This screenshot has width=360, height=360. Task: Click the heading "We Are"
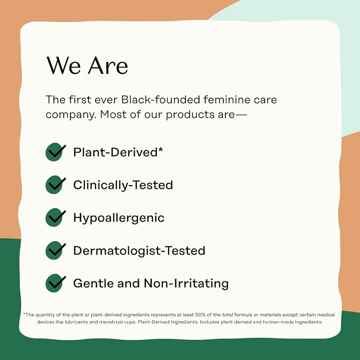point(87,65)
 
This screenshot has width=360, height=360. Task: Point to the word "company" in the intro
point(71,115)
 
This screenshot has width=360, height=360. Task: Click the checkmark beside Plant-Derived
point(55,152)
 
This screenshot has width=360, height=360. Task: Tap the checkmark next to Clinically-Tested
point(55,185)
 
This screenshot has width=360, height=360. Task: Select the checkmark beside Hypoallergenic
point(55,217)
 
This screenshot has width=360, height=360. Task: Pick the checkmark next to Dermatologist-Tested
point(55,250)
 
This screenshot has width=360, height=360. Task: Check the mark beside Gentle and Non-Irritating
point(55,283)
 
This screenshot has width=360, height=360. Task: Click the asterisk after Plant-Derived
point(160,150)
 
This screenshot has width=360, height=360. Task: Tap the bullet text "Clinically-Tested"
point(123,185)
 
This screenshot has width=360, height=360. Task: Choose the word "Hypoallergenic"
point(119,218)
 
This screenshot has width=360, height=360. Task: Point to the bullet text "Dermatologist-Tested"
point(139,250)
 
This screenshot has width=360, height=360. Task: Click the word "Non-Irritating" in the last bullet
point(186,283)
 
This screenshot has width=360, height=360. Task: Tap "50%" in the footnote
point(200,315)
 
